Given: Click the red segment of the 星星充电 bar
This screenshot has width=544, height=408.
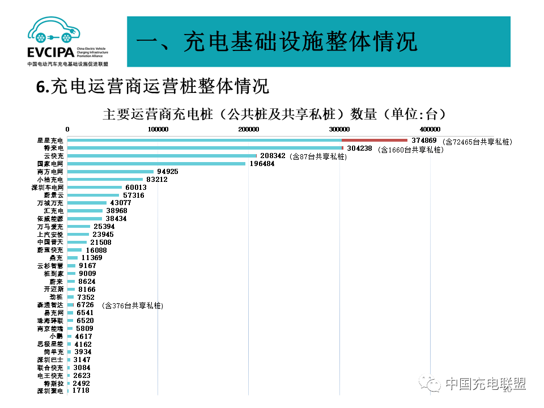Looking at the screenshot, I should click(x=374, y=140).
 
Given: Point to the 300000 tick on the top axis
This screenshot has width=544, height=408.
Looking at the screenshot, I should click(x=340, y=129).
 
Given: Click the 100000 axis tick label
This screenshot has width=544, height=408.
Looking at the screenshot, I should click(x=158, y=129).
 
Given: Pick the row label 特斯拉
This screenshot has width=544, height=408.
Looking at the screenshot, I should click(x=54, y=384).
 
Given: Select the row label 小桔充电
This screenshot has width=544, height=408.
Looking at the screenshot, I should click(x=50, y=180).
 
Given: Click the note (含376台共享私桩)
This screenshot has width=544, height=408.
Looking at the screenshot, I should click(x=133, y=305).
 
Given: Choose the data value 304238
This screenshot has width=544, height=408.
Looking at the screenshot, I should click(x=360, y=148).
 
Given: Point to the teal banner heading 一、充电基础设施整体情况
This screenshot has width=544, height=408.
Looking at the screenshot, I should click(x=278, y=42).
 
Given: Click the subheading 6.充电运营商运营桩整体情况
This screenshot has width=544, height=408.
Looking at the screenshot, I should click(x=152, y=87).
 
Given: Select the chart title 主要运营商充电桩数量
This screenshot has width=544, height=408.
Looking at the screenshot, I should click(x=271, y=114).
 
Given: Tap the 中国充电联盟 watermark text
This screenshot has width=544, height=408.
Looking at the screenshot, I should click(x=485, y=384).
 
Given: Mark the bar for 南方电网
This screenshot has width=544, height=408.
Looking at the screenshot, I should click(x=110, y=172).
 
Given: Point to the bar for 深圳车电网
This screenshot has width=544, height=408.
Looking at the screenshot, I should click(x=95, y=187).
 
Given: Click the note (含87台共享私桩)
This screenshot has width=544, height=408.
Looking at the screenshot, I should click(x=318, y=156).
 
